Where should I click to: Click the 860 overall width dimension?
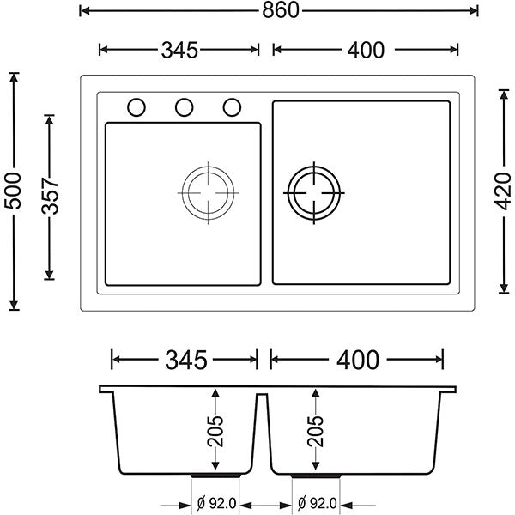280,10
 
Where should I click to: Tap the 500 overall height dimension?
13,191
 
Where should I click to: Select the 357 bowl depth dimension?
50,196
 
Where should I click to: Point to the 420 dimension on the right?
503,191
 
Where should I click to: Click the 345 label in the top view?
179,51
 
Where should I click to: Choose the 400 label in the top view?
366,51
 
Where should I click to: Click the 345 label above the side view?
186,360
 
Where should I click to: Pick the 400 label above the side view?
358,360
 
